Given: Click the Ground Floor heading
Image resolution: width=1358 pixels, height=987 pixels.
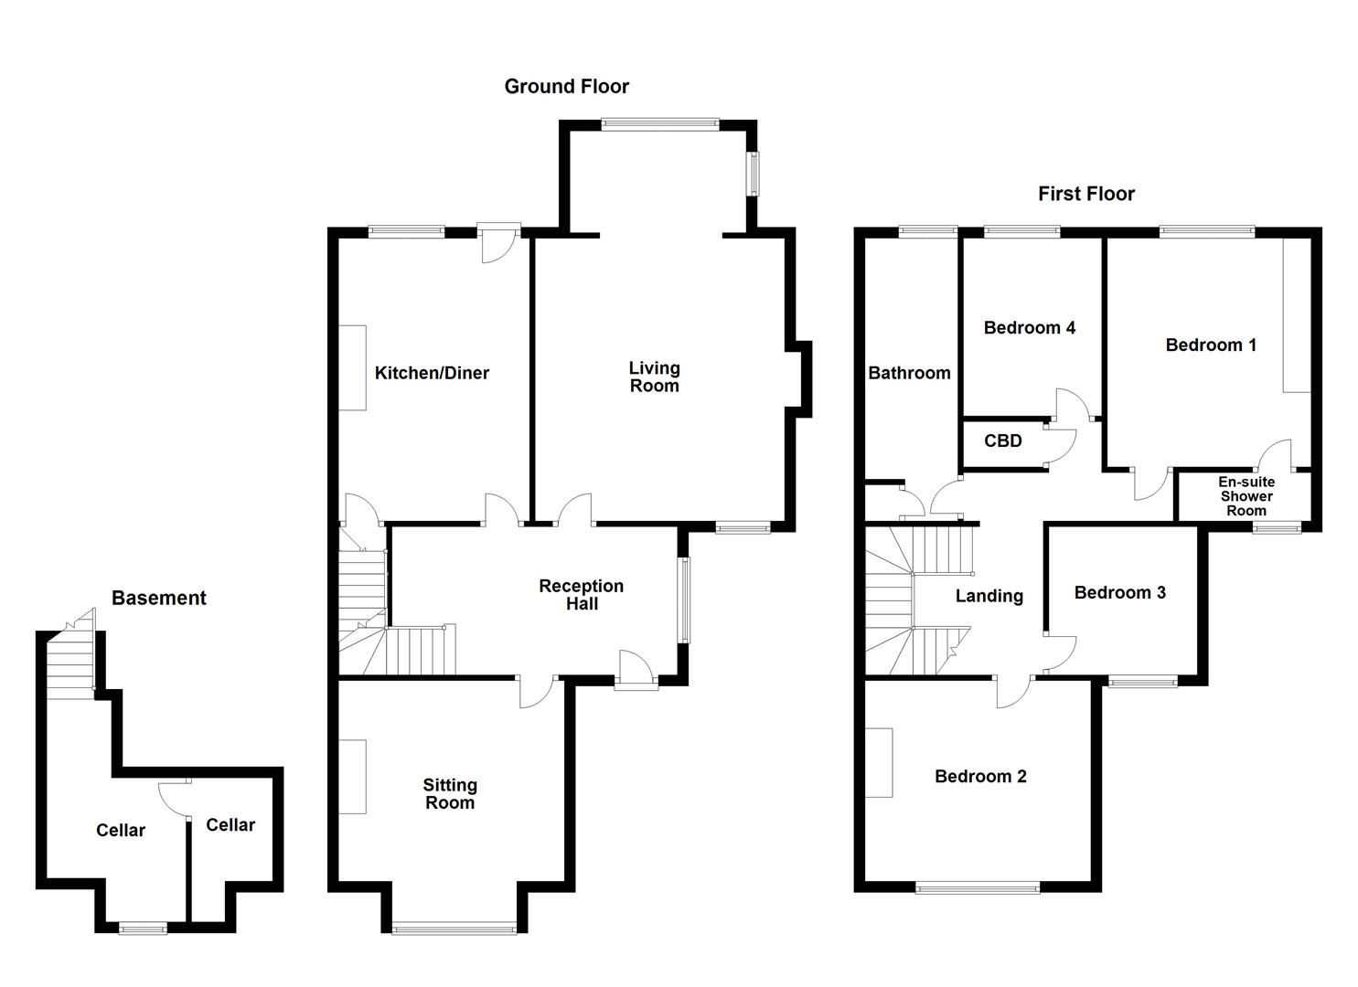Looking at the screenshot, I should coord(567,87).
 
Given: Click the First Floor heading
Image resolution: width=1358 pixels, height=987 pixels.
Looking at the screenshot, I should coord(1085,194).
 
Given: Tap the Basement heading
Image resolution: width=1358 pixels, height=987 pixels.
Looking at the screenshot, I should coord(159,599).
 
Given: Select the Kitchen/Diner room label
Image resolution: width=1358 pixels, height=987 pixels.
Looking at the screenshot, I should coord(432,373).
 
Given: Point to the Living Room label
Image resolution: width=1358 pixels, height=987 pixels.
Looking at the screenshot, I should coord(654,377).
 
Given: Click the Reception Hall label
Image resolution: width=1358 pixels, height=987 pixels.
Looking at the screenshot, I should coord(581,595).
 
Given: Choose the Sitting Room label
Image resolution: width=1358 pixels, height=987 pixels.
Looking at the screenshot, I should coord(450,794).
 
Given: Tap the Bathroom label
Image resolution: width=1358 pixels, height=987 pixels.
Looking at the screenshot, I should coord(909,373).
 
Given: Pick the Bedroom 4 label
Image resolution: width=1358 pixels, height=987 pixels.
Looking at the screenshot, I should coord(1029,327).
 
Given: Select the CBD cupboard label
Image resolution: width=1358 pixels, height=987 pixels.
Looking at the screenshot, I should coord(1002,440).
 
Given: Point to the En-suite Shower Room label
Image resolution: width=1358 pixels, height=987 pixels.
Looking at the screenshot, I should coord(1246,496).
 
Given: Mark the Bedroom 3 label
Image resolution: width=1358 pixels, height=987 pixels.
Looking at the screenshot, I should coord(1119,592).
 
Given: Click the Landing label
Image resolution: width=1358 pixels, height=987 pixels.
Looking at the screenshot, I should coord(989,596).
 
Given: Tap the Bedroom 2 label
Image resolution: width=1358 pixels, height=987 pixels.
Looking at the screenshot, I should coord(980,777).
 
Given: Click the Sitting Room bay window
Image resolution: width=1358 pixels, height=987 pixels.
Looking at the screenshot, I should coord(454,929).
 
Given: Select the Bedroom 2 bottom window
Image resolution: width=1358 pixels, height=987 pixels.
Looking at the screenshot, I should coord(978,886).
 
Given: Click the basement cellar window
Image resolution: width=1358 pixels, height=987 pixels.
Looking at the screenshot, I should coord(144,929).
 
